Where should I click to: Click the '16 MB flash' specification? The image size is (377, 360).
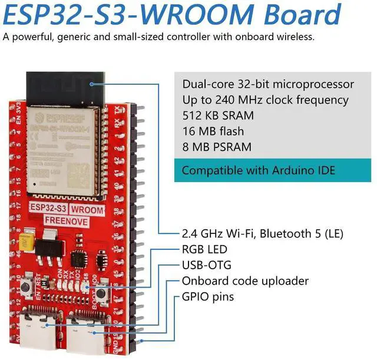point(213,131)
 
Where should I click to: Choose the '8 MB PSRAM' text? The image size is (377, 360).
point(216,147)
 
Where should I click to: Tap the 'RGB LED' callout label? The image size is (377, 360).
point(204,249)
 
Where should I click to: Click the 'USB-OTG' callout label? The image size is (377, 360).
point(206,265)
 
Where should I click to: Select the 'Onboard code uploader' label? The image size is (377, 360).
point(245,281)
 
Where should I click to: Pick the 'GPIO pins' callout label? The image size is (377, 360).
point(207,297)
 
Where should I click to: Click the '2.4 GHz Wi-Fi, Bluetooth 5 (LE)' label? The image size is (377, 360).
point(262,233)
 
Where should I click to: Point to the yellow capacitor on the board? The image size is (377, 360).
point(25,241)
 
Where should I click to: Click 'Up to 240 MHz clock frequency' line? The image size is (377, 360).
point(265,100)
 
